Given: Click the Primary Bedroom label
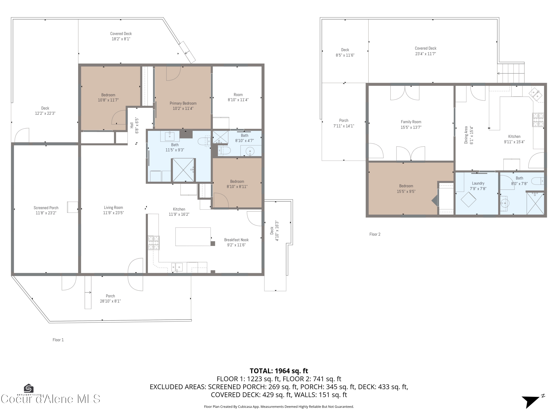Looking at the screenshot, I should coord(183,103).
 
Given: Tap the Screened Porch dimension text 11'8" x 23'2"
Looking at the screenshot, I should coord(46,213).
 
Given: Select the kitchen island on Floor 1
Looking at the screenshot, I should coord(193,237).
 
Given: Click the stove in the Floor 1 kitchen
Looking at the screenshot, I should coord(154,243).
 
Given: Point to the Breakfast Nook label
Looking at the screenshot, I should coord(236,240).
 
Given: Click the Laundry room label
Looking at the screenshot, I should coord(478,183).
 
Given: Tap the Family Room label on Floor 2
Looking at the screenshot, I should coord(411,122).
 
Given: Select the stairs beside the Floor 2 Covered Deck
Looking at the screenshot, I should coord(511,73).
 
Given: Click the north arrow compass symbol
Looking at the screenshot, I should coord(532,401).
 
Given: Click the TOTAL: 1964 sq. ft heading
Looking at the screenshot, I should coord(279,371).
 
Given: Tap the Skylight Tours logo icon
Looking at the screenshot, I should coord(28,388).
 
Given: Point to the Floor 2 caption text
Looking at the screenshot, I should coord(375,234).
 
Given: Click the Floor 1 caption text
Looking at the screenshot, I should coord(58,340).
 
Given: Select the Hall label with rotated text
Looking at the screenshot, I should coord(132,125).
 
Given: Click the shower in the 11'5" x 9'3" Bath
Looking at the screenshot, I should coord(183,170).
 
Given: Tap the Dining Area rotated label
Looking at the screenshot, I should coord(466,135).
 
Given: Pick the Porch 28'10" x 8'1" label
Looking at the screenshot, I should coord(110,299).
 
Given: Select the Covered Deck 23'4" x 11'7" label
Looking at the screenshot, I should coord(426,51).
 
